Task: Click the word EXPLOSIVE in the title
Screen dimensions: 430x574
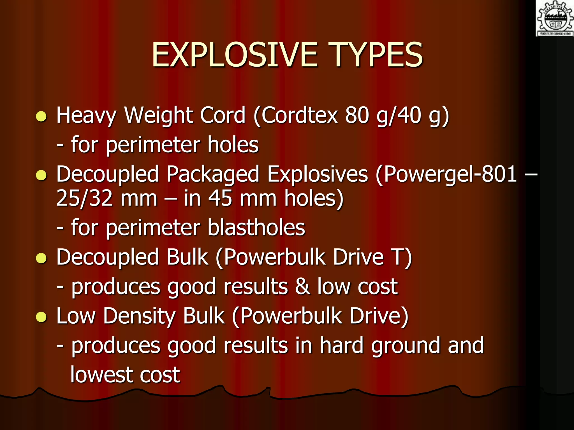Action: pyautogui.click(x=234, y=55)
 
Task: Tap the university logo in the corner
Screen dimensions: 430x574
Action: pyautogui.click(x=555, y=18)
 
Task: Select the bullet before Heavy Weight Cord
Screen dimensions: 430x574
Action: pyautogui.click(x=41, y=116)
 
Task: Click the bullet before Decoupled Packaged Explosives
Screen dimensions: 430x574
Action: pyautogui.click(x=41, y=176)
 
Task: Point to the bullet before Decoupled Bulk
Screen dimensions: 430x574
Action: pyautogui.click(x=41, y=258)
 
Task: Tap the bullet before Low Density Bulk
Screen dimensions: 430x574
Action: pyautogui.click(x=41, y=317)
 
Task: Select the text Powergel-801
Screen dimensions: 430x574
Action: pyautogui.click(x=450, y=174)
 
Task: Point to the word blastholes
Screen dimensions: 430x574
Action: pyautogui.click(x=256, y=227)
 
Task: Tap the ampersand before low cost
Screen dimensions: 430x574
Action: pyautogui.click(x=303, y=287)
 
